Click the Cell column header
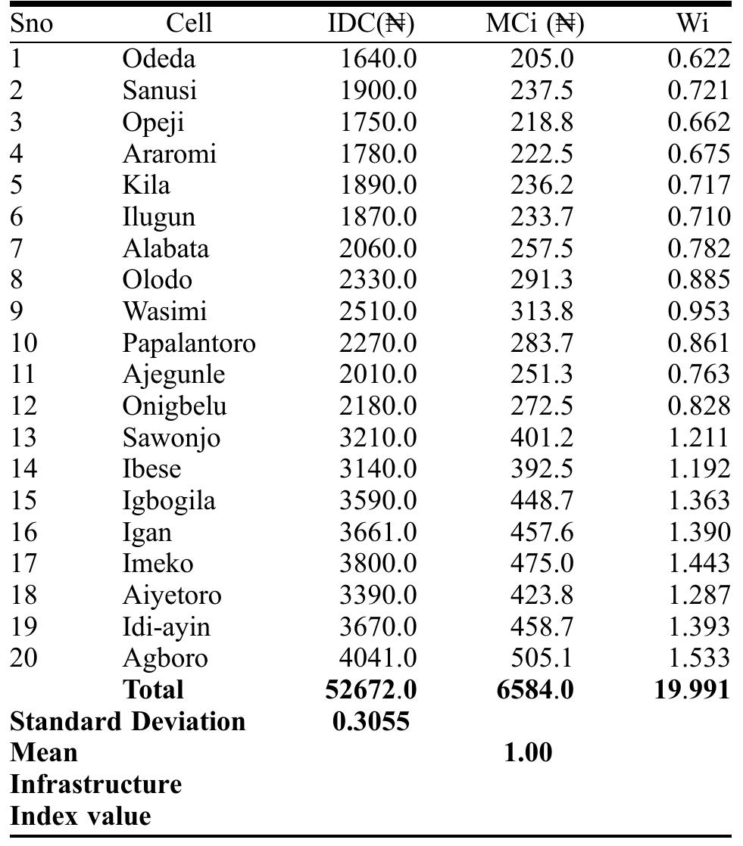coord(189,24)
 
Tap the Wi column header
coord(692,24)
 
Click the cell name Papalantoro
coord(189,343)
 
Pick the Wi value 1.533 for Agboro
coord(698,658)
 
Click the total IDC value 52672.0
coord(371,689)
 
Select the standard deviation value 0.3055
coord(371,721)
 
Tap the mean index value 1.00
coord(528,752)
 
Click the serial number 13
coord(23,437)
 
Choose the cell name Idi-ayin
coord(166,627)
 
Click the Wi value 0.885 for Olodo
coord(698,280)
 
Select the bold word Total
coord(153,689)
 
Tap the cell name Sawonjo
coord(171,437)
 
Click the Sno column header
coord(32,24)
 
